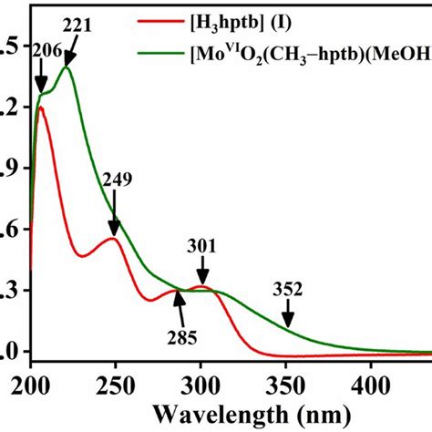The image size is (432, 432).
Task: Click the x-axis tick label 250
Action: pyautogui.click(x=115, y=382)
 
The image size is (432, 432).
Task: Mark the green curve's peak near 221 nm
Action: pyautogui.click(x=66, y=67)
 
